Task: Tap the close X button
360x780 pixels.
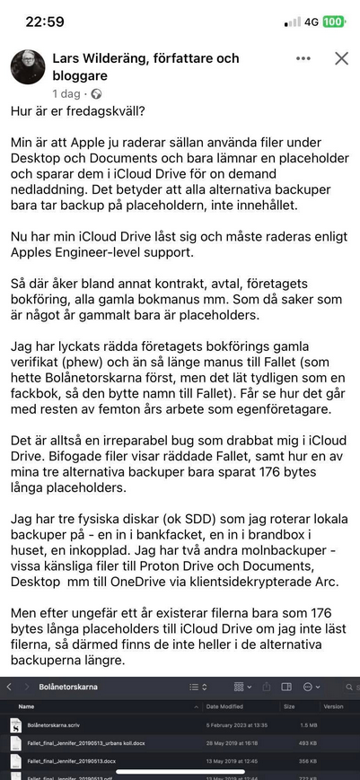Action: tap(341, 59)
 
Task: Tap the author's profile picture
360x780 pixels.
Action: tap(28, 67)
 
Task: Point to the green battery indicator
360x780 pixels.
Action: tap(334, 21)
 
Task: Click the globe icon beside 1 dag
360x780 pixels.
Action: tap(96, 93)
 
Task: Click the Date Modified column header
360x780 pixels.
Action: tap(224, 706)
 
